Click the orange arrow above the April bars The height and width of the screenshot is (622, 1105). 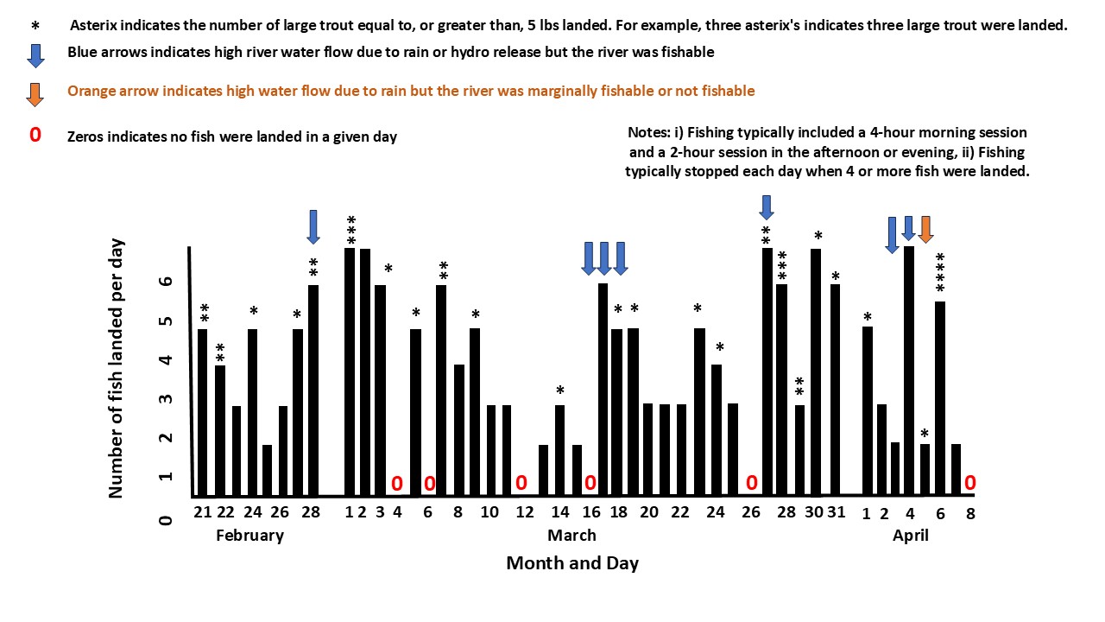[x=925, y=229]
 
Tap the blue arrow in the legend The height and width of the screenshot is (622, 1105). [x=35, y=54]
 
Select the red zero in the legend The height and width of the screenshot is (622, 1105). [x=35, y=136]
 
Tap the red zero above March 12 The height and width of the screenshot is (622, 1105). [x=521, y=483]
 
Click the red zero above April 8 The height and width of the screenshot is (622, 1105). [x=969, y=483]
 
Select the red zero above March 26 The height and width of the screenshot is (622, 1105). [x=752, y=483]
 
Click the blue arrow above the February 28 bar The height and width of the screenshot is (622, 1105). [x=313, y=226]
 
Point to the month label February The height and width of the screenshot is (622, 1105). [x=249, y=536]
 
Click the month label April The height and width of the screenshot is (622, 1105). [x=910, y=536]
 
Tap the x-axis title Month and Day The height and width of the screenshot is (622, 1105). [x=572, y=564]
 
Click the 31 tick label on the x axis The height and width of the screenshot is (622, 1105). [x=836, y=512]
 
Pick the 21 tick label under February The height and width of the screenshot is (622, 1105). [x=203, y=512]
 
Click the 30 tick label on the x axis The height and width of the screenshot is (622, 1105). [x=813, y=512]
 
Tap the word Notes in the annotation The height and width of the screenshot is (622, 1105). [x=649, y=134]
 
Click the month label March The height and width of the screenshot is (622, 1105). [x=571, y=536]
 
